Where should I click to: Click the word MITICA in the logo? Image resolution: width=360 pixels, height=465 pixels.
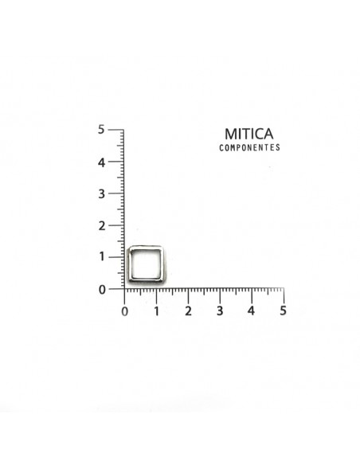point(248,134)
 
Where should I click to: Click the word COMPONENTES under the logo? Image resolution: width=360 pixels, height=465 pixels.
point(249,147)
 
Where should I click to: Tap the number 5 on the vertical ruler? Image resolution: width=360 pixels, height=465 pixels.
point(101,129)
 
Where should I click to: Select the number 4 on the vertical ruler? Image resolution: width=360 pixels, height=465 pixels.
point(101,162)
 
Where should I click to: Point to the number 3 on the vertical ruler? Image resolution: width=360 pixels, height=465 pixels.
point(101,194)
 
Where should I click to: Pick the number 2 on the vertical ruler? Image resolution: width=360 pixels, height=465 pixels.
point(101,226)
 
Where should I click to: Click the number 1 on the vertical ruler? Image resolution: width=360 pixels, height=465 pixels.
point(102,256)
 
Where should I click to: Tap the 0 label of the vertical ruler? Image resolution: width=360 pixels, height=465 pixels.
point(102,290)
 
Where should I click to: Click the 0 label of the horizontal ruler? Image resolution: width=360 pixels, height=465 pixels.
point(125,311)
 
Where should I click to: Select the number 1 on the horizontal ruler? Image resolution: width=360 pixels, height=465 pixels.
point(156,311)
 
